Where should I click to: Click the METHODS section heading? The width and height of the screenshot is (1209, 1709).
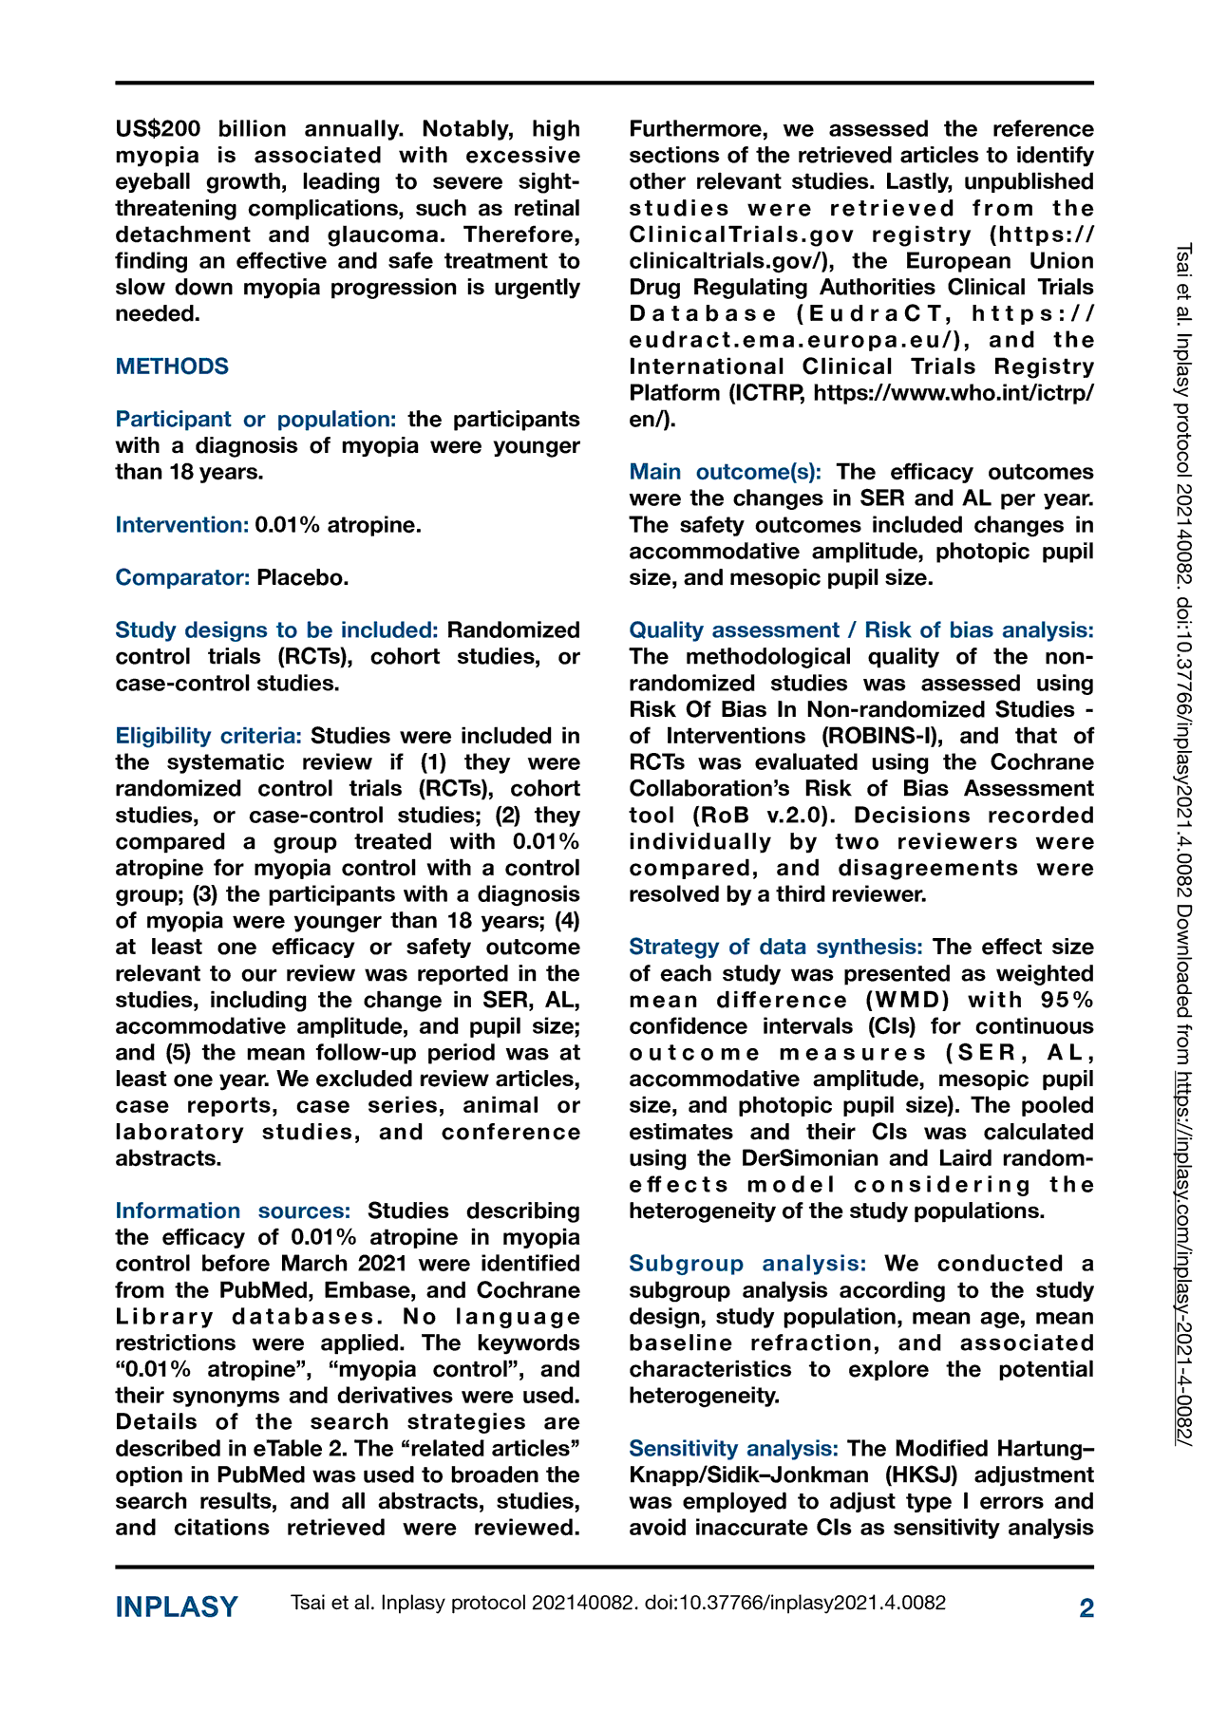click(x=172, y=366)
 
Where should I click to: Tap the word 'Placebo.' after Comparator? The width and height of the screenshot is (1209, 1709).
click(x=303, y=577)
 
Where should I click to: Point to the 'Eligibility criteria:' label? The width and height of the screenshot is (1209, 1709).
click(x=209, y=736)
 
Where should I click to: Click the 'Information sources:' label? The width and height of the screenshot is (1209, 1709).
click(x=233, y=1211)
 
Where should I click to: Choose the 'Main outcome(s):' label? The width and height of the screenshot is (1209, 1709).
click(x=726, y=472)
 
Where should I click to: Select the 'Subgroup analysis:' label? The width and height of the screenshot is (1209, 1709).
click(x=747, y=1264)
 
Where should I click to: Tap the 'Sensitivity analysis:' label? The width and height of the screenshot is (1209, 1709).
click(x=733, y=1448)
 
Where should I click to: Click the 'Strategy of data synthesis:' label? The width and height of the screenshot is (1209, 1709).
click(x=776, y=947)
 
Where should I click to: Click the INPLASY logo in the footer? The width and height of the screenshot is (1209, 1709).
click(x=177, y=1607)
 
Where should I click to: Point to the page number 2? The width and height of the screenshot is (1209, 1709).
click(x=1086, y=1607)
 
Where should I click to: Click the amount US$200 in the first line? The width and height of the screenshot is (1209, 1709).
click(x=158, y=129)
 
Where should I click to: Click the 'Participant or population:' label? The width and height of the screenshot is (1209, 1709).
click(x=256, y=419)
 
